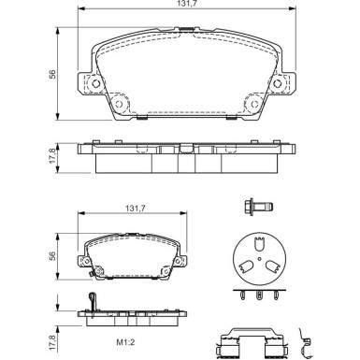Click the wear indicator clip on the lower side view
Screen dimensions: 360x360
92,300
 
